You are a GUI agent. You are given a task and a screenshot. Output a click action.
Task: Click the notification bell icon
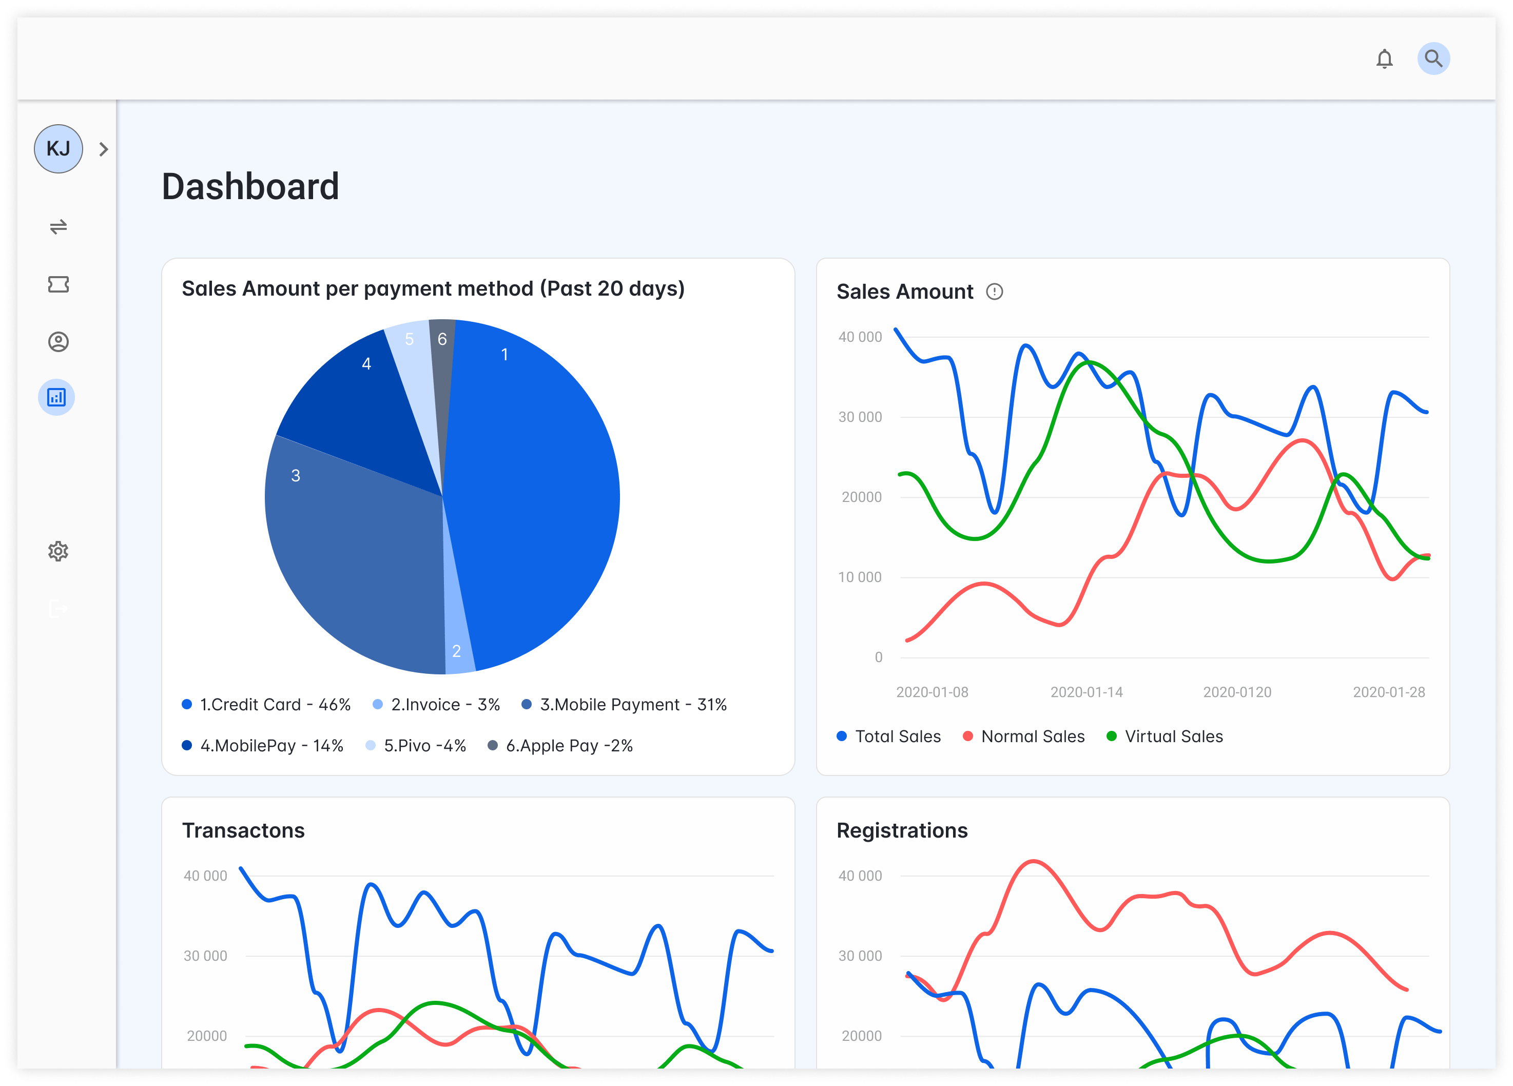(x=1384, y=59)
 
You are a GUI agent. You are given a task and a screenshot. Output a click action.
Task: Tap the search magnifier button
(x=1433, y=59)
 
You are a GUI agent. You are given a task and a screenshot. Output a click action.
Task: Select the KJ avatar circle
(x=59, y=149)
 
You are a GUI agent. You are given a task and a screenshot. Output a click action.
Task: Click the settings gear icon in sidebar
(x=58, y=551)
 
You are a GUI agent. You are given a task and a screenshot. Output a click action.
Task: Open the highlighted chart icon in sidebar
(x=56, y=398)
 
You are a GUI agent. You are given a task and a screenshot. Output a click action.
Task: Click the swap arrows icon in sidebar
(x=58, y=227)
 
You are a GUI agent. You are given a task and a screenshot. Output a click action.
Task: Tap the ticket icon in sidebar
(x=58, y=285)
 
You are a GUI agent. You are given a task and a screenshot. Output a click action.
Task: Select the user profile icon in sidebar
(x=58, y=341)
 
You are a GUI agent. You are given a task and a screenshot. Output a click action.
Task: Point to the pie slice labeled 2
(x=458, y=641)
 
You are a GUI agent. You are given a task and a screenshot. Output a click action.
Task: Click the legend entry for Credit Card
(x=267, y=705)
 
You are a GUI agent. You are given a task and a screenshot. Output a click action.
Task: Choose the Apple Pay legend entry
(x=561, y=746)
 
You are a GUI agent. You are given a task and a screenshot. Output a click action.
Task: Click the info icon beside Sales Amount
(x=994, y=292)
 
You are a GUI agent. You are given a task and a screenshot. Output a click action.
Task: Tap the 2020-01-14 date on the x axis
(x=1086, y=692)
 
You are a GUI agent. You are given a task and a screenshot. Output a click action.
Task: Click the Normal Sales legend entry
(x=1025, y=736)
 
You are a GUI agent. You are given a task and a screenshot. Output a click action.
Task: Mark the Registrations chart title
(x=902, y=830)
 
